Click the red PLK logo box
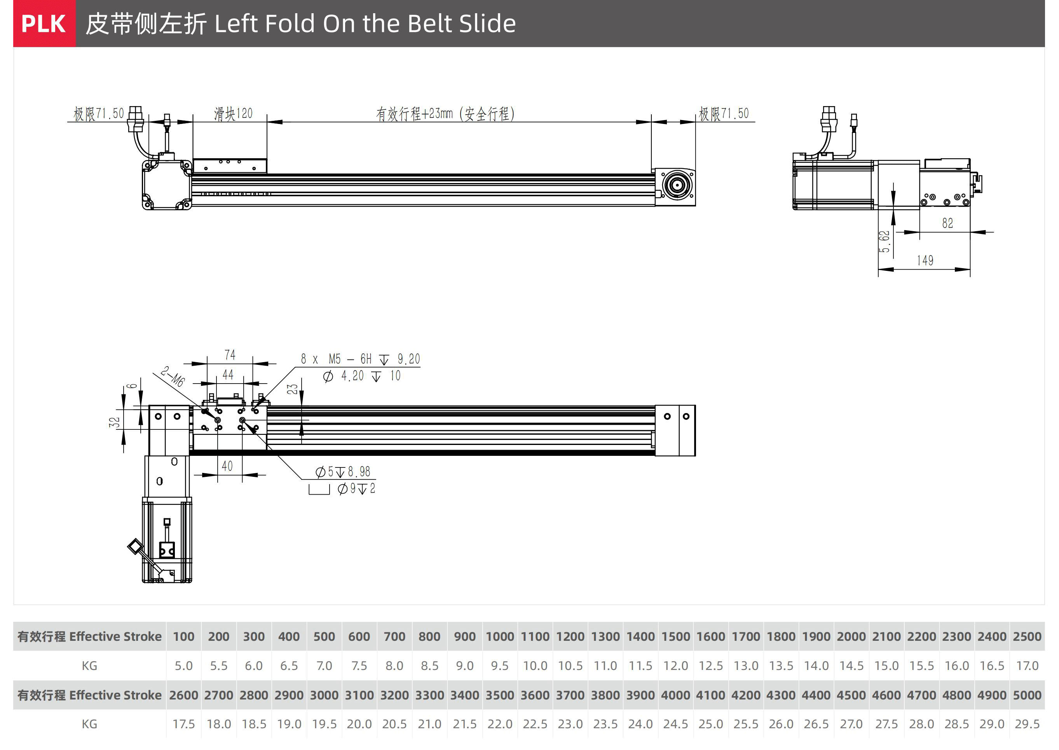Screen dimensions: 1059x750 [x=44, y=24]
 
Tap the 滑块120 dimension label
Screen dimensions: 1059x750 [x=233, y=113]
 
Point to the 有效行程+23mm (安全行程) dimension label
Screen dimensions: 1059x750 [x=445, y=113]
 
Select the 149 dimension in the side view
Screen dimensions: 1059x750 [x=925, y=260]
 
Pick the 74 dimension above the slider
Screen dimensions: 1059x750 [x=230, y=355]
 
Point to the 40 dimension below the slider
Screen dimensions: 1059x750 [x=227, y=466]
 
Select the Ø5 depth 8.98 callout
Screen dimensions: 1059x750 [x=343, y=471]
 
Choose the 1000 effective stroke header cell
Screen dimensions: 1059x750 [x=500, y=637]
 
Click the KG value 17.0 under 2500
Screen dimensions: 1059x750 [x=1027, y=666]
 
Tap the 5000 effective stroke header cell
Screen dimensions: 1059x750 [x=1027, y=695]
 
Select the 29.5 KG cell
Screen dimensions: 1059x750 [x=1027, y=724]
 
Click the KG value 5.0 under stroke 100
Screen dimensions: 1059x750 [x=183, y=666]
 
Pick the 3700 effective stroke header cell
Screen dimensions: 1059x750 [x=570, y=695]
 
